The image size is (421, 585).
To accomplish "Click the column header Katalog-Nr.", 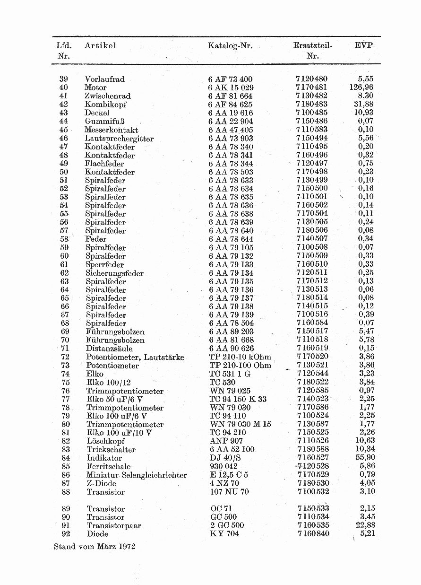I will (230, 46).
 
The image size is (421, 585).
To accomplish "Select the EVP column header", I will (363, 45).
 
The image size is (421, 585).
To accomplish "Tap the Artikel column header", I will (100, 46).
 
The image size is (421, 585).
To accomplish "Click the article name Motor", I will (95, 87).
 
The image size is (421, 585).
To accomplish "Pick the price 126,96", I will (361, 87).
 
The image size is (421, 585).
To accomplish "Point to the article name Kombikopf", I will (105, 105).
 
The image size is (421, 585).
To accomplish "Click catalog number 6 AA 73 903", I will (231, 139).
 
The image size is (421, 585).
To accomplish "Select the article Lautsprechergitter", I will (119, 139).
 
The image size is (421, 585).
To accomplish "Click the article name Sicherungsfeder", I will (114, 273).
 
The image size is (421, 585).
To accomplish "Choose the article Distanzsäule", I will (109, 349).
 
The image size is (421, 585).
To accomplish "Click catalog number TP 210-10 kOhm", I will (240, 357).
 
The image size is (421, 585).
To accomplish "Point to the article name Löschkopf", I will (105, 441).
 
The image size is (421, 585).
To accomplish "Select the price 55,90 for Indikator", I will (365, 458).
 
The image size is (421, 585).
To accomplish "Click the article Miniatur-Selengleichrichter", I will (137, 475).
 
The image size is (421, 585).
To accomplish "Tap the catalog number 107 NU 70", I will (229, 492).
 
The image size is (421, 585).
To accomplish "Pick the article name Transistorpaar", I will (113, 526).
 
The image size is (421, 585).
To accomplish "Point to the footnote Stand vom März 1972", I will (95, 547).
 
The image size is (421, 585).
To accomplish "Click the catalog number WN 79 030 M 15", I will (240, 424).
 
